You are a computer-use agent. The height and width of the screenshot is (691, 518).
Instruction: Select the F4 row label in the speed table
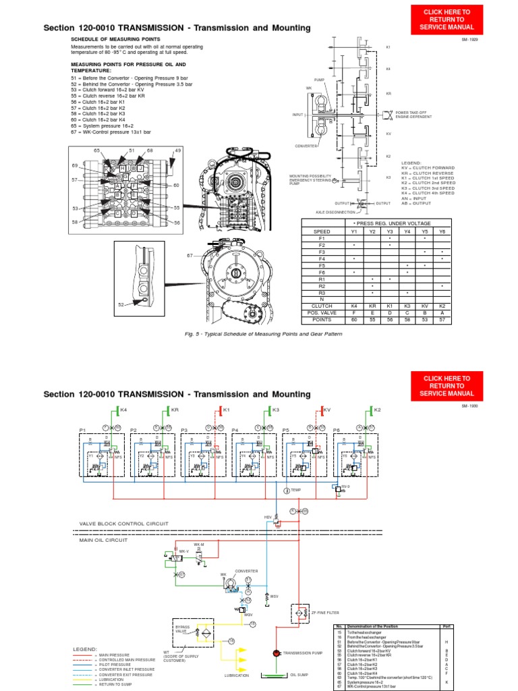(321, 259)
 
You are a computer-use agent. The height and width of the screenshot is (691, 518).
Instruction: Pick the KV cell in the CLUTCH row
(425, 305)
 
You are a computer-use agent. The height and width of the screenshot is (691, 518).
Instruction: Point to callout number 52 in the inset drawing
(121, 305)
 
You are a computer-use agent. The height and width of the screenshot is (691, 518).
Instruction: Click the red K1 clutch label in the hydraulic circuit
(227, 410)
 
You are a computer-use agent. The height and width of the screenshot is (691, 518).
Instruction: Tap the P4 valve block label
(235, 429)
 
